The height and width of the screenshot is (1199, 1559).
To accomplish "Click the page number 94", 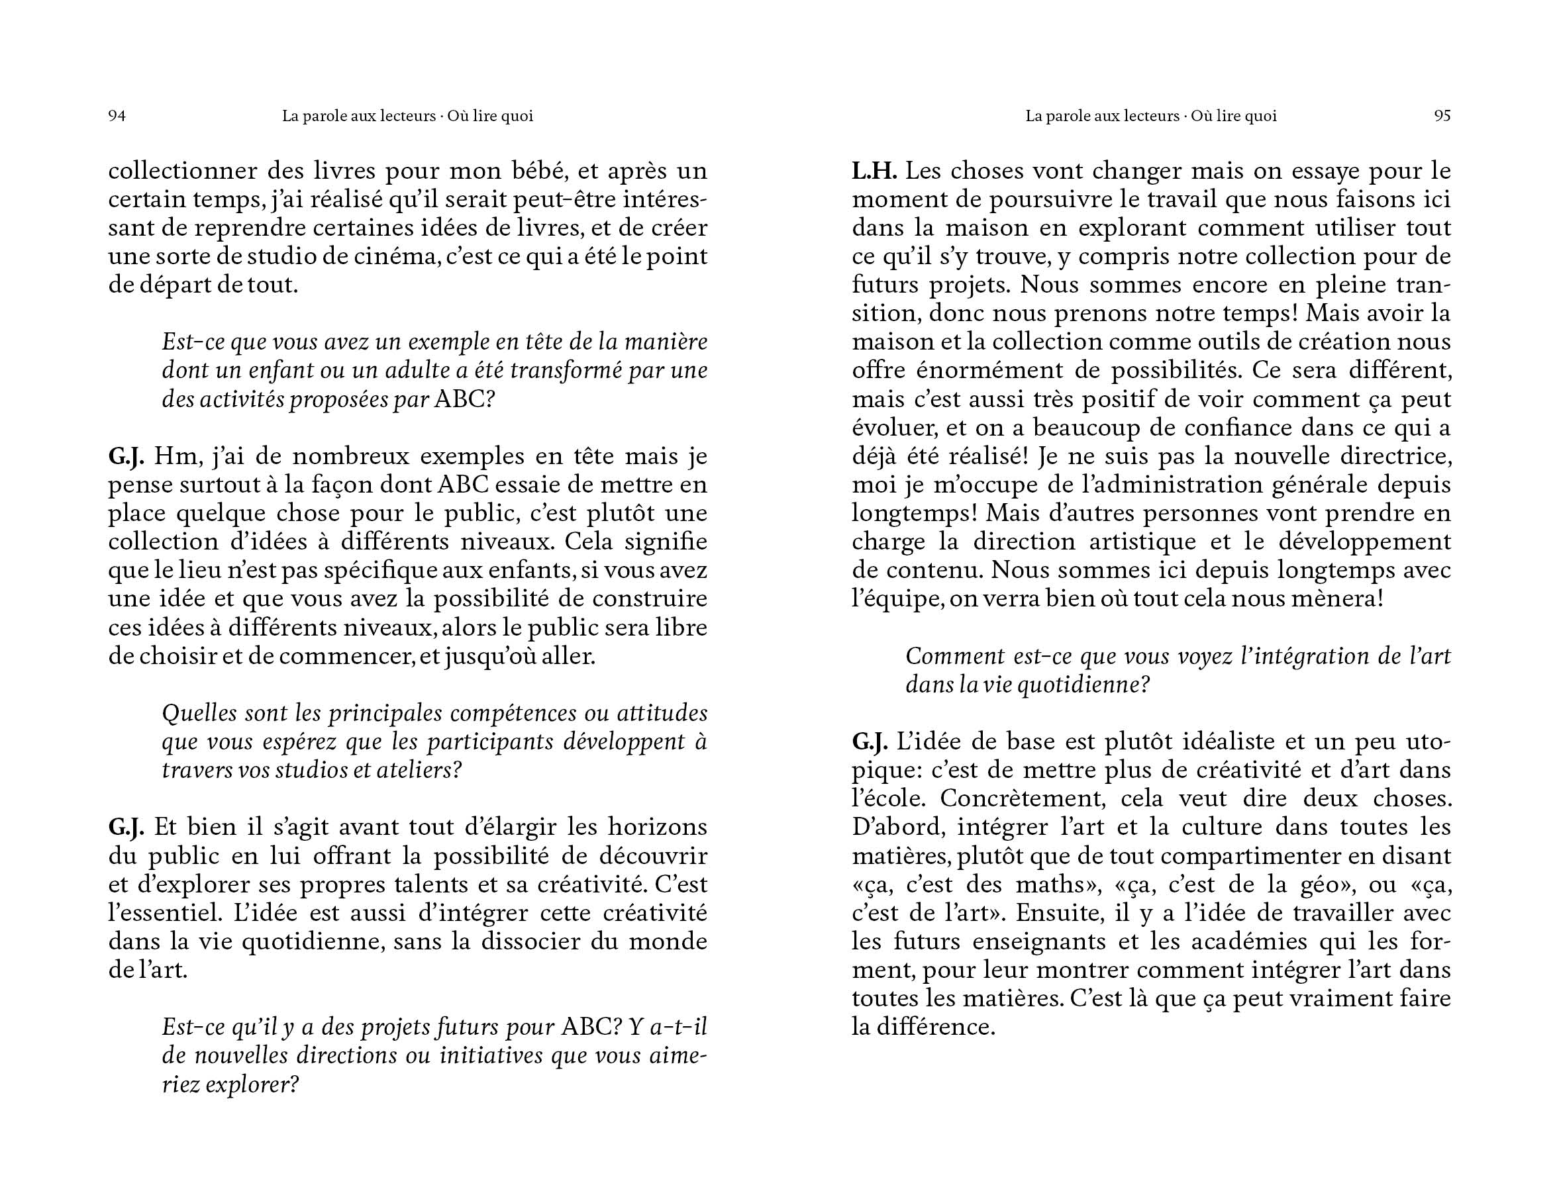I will tap(117, 117).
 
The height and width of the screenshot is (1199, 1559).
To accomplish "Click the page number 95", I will tap(1442, 117).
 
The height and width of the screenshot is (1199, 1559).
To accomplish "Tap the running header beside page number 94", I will tap(407, 117).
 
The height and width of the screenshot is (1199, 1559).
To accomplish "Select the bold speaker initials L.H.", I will tap(874, 171).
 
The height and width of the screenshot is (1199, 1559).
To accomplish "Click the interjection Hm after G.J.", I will tap(168, 457).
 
